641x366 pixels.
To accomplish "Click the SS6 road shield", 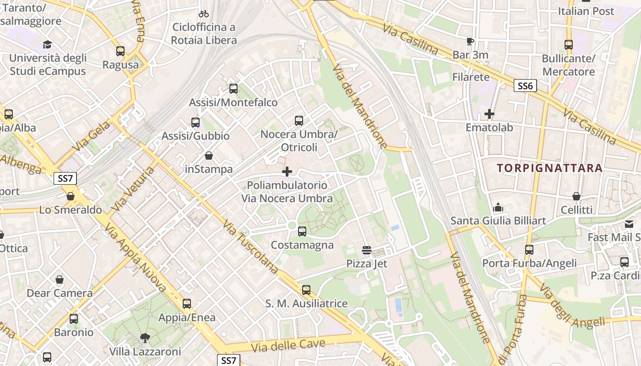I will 525,86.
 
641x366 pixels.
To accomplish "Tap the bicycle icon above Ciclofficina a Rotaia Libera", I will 204,14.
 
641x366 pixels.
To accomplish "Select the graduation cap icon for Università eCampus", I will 48,44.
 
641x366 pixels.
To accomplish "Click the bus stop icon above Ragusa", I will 120,51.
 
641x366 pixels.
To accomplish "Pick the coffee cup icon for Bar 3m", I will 470,42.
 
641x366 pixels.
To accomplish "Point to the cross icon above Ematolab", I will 489,114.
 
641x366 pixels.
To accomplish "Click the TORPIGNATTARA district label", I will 549,168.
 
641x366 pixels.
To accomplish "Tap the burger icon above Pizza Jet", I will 367,250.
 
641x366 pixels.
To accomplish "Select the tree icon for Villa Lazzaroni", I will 145,338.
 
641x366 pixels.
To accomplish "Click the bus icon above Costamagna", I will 302,231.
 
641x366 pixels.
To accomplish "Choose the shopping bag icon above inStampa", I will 209,156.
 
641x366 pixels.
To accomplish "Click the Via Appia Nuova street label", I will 135,257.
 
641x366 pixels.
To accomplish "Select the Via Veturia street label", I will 133,189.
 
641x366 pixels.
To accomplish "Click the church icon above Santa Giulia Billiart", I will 498,208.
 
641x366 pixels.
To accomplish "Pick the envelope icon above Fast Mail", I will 629,224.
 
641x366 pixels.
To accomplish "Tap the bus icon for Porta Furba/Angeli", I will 529,250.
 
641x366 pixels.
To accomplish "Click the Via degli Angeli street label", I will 572,306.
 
